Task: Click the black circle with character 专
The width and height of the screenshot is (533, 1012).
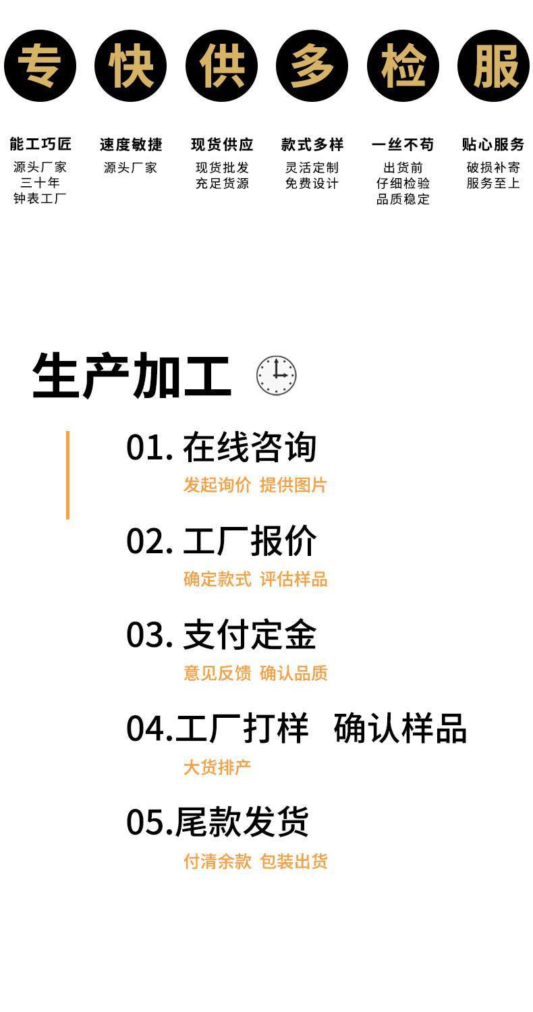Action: [40, 66]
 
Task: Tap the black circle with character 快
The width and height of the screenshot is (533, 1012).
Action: [130, 66]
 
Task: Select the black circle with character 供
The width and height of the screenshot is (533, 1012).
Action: [221, 66]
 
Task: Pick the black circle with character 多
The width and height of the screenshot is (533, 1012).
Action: [312, 66]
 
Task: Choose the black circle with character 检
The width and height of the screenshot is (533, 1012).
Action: [403, 66]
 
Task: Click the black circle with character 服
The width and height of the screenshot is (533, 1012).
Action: [493, 66]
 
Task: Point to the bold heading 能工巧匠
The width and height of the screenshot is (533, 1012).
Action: [40, 144]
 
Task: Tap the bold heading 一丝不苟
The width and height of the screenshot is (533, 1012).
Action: [403, 144]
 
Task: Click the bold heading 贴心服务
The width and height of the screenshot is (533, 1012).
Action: [493, 144]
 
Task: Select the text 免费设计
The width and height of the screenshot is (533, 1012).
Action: [312, 184]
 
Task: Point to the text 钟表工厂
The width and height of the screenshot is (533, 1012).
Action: [40, 198]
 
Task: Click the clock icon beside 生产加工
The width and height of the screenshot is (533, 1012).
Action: [277, 375]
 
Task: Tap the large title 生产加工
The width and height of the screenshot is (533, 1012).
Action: [132, 375]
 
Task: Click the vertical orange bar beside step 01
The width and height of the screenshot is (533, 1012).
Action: [67, 475]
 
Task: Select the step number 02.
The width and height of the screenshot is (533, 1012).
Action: [149, 541]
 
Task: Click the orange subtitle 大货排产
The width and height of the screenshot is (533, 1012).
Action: [217, 767]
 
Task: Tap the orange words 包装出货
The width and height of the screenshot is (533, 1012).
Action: [294, 861]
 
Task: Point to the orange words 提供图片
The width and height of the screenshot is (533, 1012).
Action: [293, 485]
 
